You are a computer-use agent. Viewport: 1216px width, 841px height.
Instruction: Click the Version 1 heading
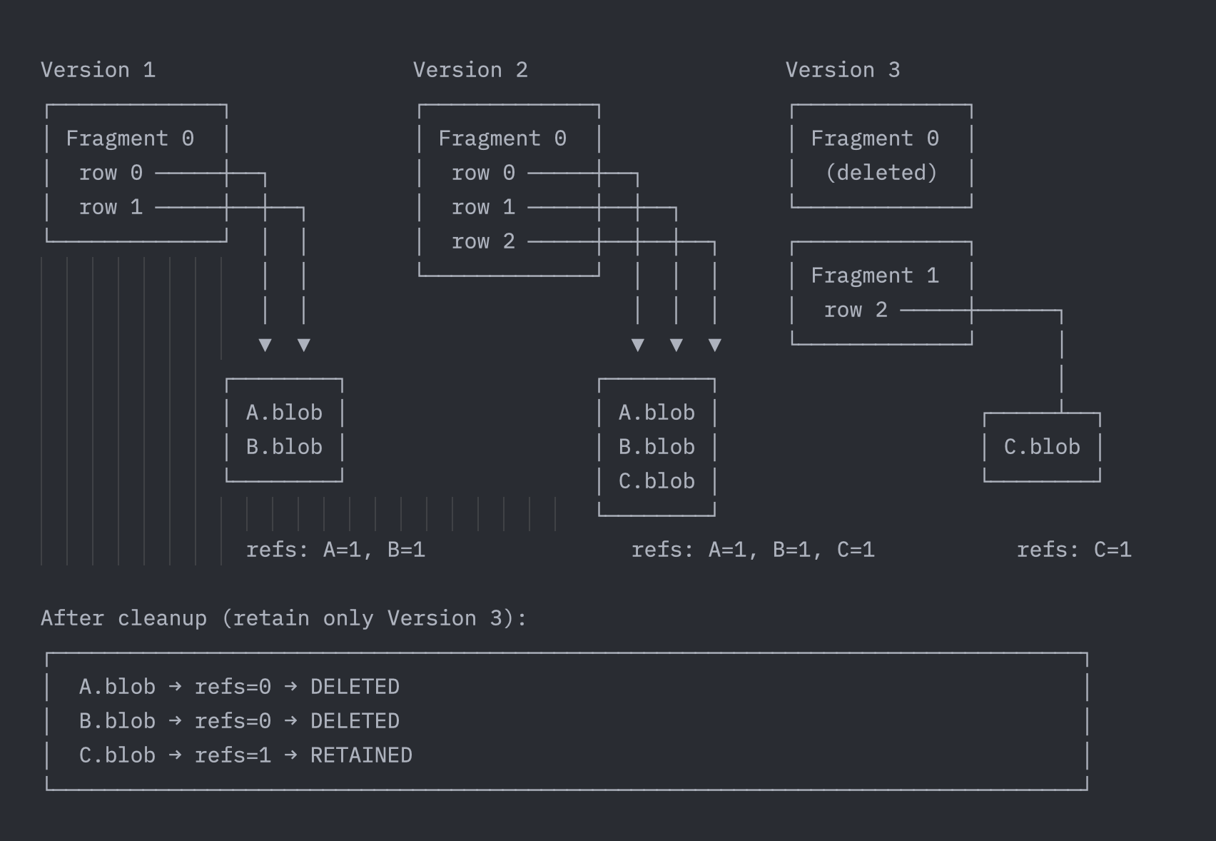pyautogui.click(x=98, y=70)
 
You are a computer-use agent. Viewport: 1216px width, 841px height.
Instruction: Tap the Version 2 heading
pyautogui.click(x=470, y=70)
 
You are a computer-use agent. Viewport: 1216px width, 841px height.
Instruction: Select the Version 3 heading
pyautogui.click(x=843, y=70)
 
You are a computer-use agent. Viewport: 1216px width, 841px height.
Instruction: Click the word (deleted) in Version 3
pyautogui.click(x=881, y=173)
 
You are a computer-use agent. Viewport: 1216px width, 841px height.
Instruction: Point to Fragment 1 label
pyautogui.click(x=875, y=276)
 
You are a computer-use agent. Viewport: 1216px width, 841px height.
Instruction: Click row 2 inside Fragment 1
pyautogui.click(x=856, y=310)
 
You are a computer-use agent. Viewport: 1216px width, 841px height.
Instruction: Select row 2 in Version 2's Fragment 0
pyautogui.click(x=483, y=241)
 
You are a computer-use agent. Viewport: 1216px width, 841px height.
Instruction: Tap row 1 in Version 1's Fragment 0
pyautogui.click(x=111, y=207)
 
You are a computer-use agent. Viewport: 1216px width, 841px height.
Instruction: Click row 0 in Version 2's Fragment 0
pyautogui.click(x=483, y=173)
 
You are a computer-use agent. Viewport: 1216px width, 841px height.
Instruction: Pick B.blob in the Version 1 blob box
pyautogui.click(x=284, y=447)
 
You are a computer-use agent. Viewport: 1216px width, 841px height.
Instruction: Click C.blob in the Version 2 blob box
pyautogui.click(x=657, y=481)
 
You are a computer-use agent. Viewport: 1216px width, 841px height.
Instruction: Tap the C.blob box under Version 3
pyautogui.click(x=1042, y=447)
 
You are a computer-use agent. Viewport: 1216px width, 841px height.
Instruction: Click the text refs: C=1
pyautogui.click(x=1074, y=550)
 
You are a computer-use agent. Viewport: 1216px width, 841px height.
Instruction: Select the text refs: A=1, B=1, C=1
pyautogui.click(x=753, y=550)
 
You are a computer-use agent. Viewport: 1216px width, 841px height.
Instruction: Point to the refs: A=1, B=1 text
pyautogui.click(x=335, y=550)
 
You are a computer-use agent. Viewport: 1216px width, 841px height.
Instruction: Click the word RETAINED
pyautogui.click(x=361, y=755)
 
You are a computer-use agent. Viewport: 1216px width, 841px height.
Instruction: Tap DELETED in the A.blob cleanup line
pyautogui.click(x=355, y=687)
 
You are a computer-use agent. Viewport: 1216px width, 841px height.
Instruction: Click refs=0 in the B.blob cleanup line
pyautogui.click(x=233, y=721)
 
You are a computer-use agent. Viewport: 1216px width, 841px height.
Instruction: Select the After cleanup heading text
pyautogui.click(x=284, y=618)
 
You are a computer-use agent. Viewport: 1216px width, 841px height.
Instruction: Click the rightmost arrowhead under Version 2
pyautogui.click(x=714, y=346)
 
